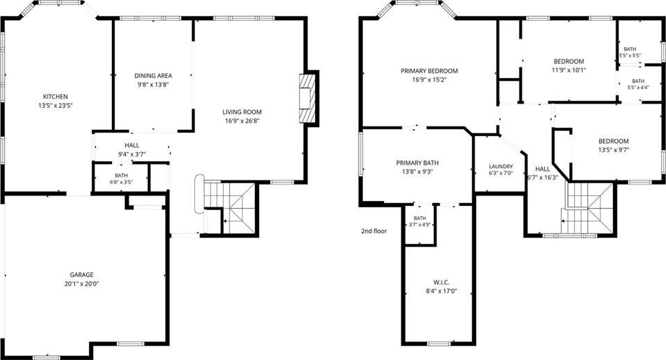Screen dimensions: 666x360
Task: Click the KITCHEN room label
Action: point(55,97)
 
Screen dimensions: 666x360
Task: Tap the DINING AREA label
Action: point(153,75)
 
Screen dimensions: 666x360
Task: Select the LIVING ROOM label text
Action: point(242,112)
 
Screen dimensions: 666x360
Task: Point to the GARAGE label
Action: point(82,274)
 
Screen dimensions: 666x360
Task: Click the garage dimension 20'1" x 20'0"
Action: point(82,283)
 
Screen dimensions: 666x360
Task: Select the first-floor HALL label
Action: point(132,145)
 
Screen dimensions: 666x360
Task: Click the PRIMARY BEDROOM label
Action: point(430,70)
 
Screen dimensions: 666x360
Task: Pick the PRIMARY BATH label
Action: point(417,163)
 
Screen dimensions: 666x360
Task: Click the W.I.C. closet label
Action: point(441,282)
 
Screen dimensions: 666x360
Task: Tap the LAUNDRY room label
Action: point(501,167)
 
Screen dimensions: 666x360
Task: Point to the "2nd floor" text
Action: point(374,231)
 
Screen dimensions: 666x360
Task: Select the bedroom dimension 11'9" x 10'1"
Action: point(569,70)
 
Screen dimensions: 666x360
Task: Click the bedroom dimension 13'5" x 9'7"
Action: point(613,150)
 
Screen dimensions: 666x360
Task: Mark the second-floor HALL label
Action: point(542,169)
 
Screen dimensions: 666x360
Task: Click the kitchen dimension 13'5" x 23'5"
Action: point(55,106)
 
